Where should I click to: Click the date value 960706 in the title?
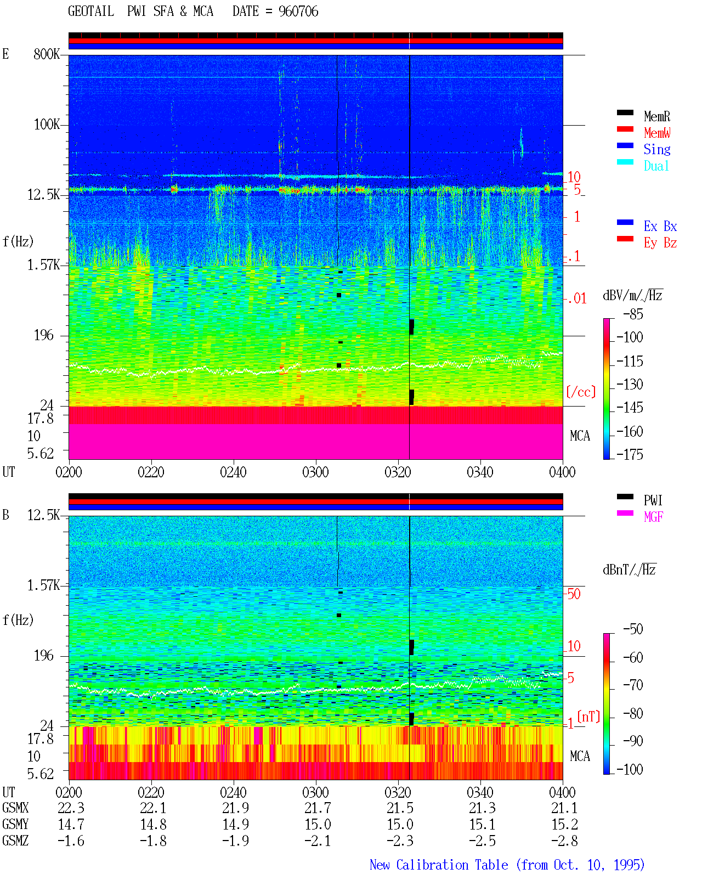tap(298, 12)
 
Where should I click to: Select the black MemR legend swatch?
tap(625, 112)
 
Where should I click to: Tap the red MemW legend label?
tap(657, 132)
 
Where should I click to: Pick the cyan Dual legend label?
tap(656, 166)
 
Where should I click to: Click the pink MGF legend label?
tap(653, 517)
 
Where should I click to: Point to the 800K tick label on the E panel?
tap(47, 54)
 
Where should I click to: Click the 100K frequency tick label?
tap(47, 125)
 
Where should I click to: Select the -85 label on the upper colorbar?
tap(633, 314)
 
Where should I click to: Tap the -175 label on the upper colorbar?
tap(630, 454)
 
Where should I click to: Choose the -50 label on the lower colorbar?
tap(633, 629)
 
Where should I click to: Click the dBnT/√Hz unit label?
tap(629, 570)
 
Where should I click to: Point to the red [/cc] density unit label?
tap(581, 392)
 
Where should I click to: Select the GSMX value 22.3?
tap(71, 808)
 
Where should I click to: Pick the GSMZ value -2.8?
tap(564, 841)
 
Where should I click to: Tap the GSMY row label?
tap(15, 825)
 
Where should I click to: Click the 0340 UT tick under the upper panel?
tap(480, 472)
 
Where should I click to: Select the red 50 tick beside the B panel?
tap(574, 594)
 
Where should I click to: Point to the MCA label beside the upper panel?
tap(580, 436)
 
